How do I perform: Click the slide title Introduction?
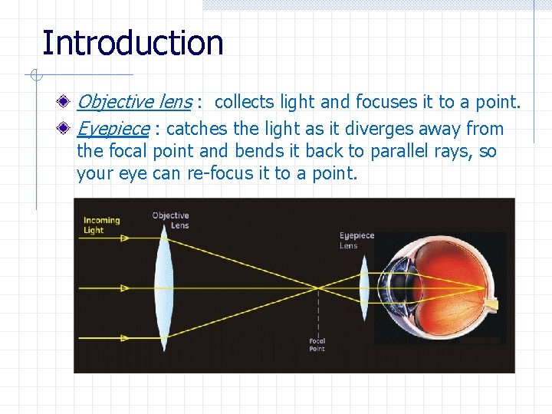click(133, 43)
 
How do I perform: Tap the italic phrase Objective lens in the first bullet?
click(134, 102)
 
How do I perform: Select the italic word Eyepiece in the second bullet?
click(113, 129)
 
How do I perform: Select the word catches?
click(195, 129)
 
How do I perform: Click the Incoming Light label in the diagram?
click(101, 225)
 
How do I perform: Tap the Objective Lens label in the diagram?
click(170, 220)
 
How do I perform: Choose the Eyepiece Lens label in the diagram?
click(356, 240)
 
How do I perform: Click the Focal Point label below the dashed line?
click(317, 345)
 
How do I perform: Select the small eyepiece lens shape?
click(364, 287)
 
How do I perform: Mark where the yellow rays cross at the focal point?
click(317, 288)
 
